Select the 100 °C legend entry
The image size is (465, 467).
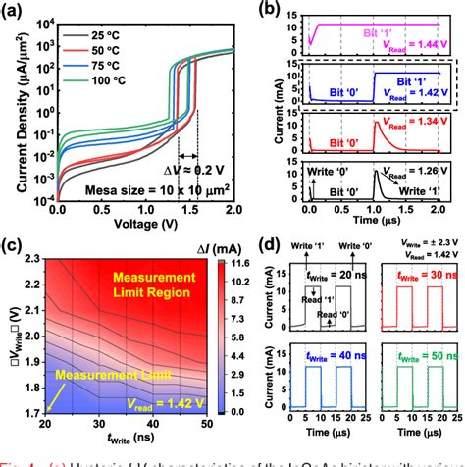pyautogui.click(x=104, y=82)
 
